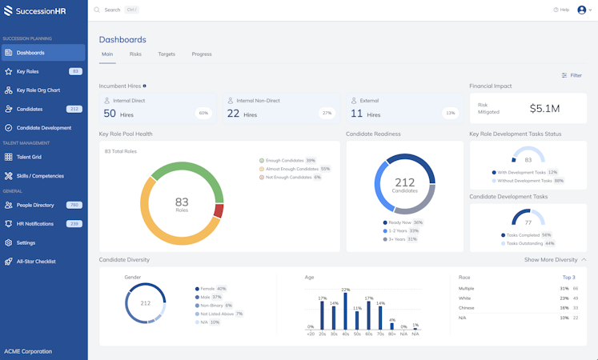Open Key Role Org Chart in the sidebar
tap(38, 90)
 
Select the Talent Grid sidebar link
tap(29, 157)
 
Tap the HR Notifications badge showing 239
tap(74, 224)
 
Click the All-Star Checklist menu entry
tap(36, 262)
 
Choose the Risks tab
tap(135, 54)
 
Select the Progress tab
tap(202, 54)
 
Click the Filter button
tap(572, 75)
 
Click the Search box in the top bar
tap(120, 10)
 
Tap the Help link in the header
tap(561, 10)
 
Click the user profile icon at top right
tap(582, 10)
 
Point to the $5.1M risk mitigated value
tap(544, 108)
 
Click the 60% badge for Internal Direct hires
tap(203, 113)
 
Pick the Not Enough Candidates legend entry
tap(289, 178)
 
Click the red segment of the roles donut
tap(218, 211)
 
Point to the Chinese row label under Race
tap(466, 307)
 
